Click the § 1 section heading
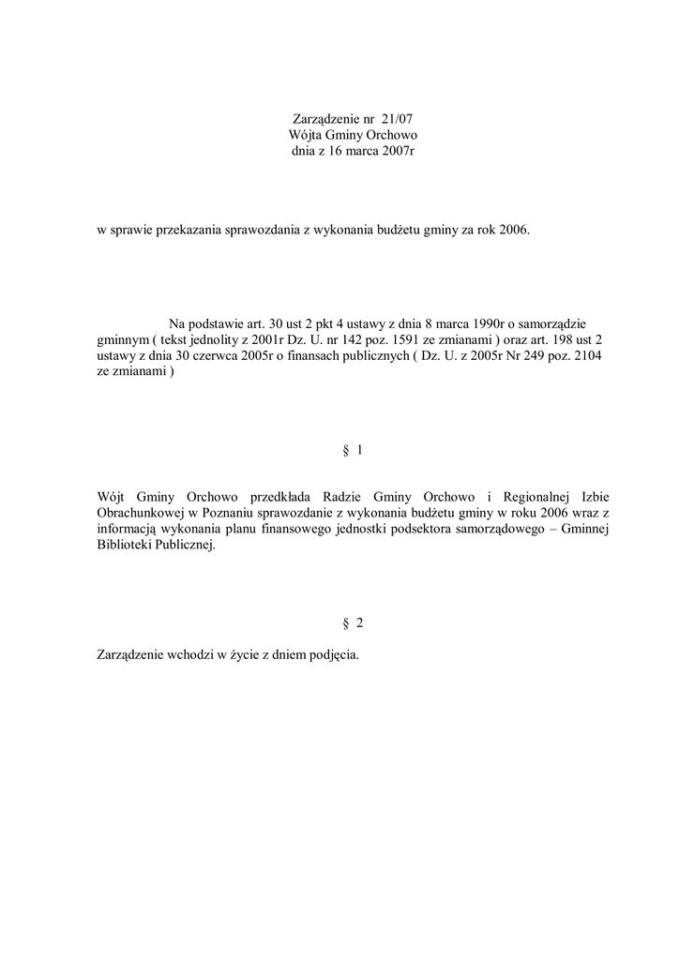coord(353,451)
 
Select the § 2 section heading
coord(353,623)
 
